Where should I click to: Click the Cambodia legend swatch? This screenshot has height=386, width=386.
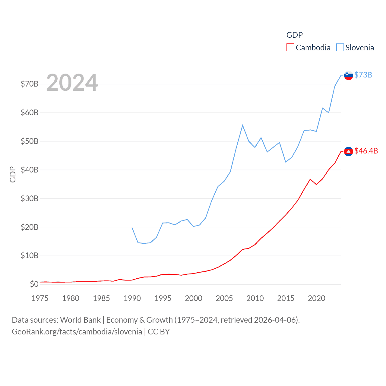290,48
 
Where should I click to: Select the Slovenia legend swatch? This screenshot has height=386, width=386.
340,48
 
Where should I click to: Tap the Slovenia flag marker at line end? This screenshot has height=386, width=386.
348,75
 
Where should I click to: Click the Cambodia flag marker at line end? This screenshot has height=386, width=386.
348,151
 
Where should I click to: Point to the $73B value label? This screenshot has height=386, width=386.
363,75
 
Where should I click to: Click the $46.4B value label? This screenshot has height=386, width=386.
366,151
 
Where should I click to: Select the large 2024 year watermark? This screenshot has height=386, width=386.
72,83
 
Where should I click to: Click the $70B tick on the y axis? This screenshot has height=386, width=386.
30,84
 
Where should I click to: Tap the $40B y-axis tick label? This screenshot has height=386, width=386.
30,170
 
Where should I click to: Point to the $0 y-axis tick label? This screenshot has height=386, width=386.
34,284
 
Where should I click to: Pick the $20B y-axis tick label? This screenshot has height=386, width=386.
30,227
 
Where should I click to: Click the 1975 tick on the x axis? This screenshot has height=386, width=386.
40,298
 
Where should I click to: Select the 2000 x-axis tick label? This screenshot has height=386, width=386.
194,298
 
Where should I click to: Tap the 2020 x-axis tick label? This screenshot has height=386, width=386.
316,298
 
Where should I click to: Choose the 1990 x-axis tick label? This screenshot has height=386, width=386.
132,298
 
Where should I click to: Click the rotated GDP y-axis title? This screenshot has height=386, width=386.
13,174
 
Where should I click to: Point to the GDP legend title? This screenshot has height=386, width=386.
294,35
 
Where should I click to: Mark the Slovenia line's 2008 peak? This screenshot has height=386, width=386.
242,125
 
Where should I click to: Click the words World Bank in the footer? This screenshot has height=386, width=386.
80,320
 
